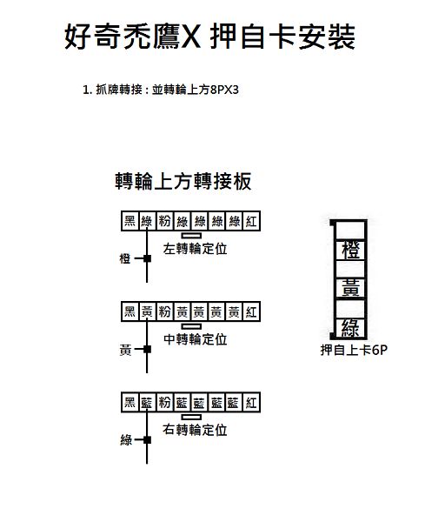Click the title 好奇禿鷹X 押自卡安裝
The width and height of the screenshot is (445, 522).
(x=209, y=37)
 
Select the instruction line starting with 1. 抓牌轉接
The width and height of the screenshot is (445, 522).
(x=161, y=90)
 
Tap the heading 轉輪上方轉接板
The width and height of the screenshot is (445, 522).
(x=183, y=181)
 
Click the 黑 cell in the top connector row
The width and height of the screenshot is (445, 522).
(x=130, y=221)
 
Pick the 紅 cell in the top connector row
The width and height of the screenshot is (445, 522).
(x=251, y=221)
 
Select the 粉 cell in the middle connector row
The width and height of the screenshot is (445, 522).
(x=164, y=311)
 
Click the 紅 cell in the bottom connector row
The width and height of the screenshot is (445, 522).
(x=251, y=403)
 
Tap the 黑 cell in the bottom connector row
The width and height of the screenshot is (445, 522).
(x=130, y=403)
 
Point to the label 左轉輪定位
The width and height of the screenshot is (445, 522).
(x=196, y=249)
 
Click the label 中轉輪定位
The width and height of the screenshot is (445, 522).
(x=196, y=339)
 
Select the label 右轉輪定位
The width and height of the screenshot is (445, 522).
(x=195, y=430)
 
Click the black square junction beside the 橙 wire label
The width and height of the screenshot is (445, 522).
(x=147, y=258)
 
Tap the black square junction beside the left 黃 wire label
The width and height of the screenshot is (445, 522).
(x=147, y=349)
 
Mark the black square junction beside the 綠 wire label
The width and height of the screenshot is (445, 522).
(x=147, y=440)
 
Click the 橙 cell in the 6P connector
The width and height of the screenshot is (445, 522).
(x=351, y=251)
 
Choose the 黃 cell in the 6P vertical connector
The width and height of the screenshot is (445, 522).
(x=351, y=289)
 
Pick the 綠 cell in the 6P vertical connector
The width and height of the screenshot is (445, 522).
(x=351, y=328)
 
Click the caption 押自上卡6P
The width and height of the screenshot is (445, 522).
(x=354, y=350)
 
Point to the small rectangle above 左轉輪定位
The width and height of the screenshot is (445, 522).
(x=191, y=236)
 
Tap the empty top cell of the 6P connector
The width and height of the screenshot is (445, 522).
(x=351, y=230)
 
